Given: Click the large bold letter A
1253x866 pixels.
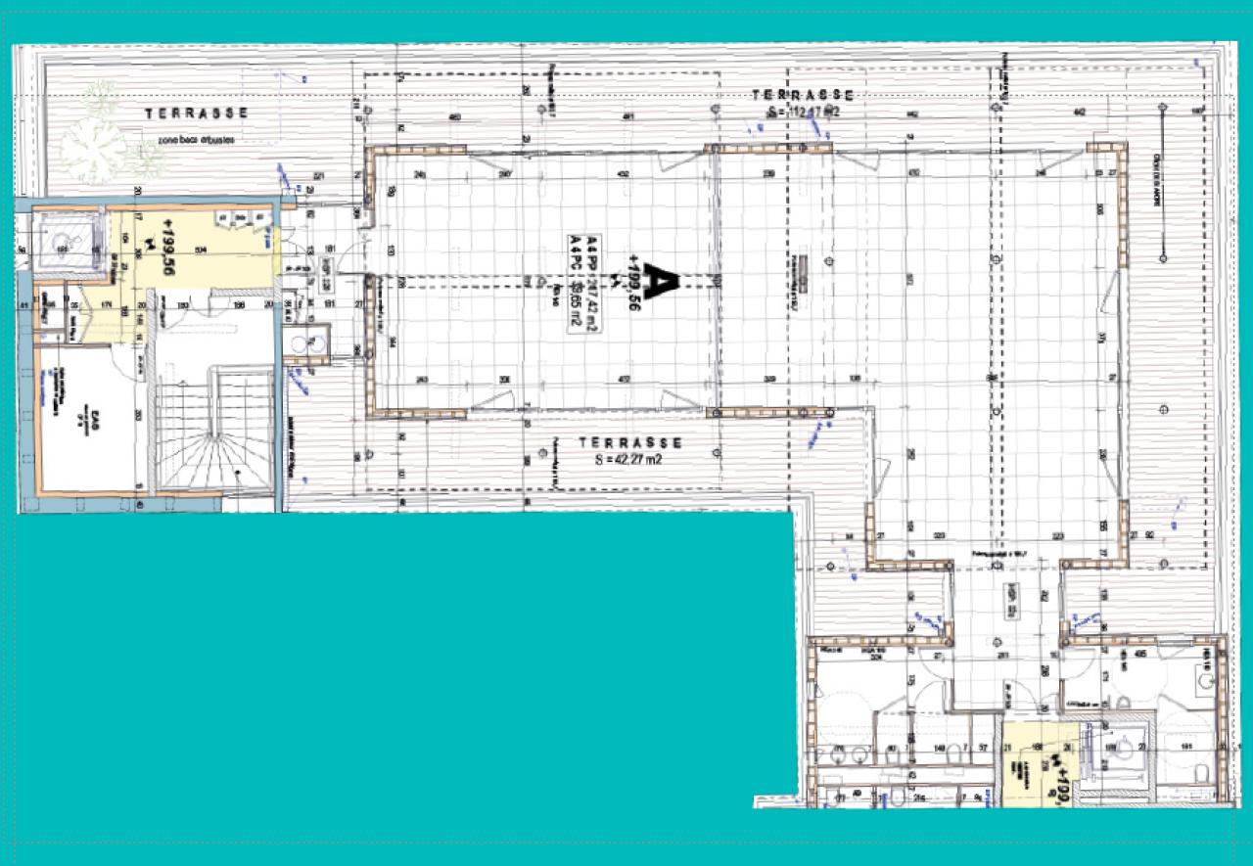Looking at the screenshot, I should (x=663, y=282).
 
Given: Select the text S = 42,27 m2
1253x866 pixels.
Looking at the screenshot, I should (x=627, y=457).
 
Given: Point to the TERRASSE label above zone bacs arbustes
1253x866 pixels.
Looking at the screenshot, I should (x=196, y=114).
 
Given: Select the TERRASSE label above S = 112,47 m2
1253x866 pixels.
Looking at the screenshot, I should (x=803, y=94).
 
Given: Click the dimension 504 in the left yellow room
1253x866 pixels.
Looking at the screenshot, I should (x=200, y=251).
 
